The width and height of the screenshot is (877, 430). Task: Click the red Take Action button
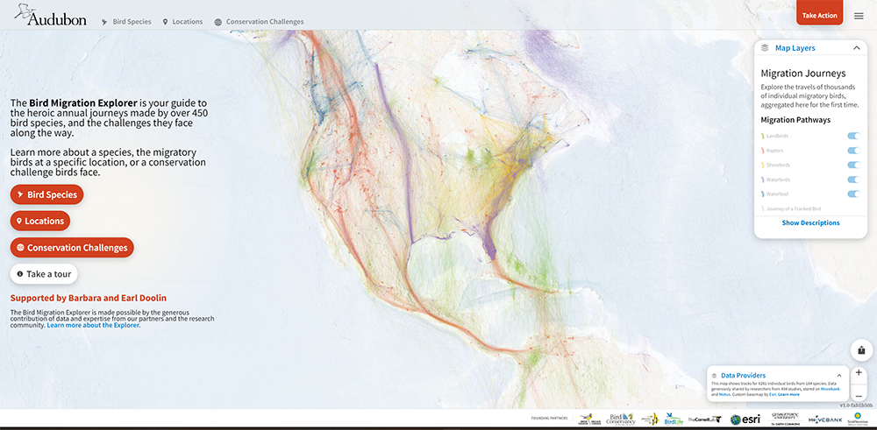[x=819, y=15]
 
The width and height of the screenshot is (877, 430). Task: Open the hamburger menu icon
[x=859, y=16]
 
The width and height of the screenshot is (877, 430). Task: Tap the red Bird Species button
[x=46, y=194]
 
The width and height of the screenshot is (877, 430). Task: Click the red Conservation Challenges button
[x=72, y=248]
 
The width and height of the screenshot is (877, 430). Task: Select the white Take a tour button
[x=45, y=274]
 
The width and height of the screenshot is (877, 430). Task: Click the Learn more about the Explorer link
[x=94, y=325]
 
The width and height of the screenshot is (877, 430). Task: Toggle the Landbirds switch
[x=853, y=136]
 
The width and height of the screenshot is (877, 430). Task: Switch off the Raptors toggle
[x=853, y=151]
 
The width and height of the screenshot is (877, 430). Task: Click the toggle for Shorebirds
[x=853, y=165]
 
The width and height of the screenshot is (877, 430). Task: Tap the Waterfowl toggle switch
[x=853, y=194]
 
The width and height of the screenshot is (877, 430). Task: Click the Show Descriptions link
[x=810, y=223]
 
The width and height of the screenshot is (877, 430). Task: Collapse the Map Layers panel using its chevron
[x=857, y=48]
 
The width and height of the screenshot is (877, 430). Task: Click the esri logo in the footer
[x=745, y=419]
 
